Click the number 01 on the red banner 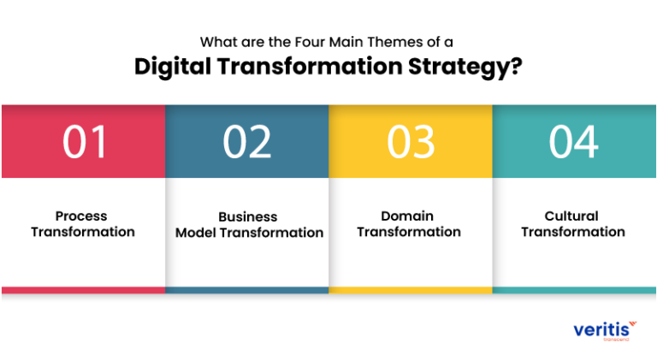[x=85, y=143]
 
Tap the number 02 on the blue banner [x=247, y=143]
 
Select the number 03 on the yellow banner [x=411, y=143]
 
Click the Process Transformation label [x=83, y=224]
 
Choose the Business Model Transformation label [x=249, y=225]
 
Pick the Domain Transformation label [x=408, y=224]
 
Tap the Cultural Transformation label [x=572, y=224]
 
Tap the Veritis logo [x=605, y=329]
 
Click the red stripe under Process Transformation [x=83, y=290]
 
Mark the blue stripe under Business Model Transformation [x=247, y=290]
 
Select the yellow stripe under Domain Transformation [x=411, y=290]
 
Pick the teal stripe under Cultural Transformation [x=574, y=290]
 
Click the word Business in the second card [x=248, y=217]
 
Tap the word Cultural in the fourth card [x=571, y=216]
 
